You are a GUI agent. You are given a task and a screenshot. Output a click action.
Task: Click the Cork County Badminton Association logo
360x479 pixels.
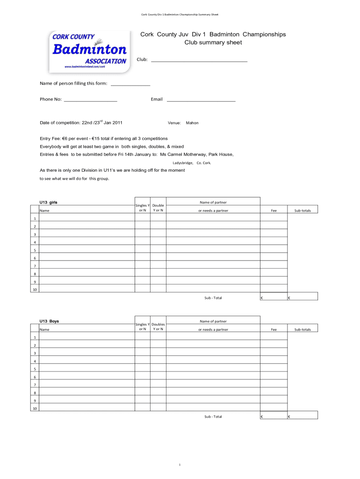click(x=88, y=51)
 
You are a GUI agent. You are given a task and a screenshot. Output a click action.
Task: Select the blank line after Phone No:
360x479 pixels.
click(x=90, y=101)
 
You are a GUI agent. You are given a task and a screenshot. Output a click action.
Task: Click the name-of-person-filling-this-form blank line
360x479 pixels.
click(x=130, y=85)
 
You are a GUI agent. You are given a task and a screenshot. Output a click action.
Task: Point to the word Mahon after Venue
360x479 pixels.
click(x=192, y=123)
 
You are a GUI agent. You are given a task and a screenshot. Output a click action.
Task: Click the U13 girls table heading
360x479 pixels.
click(x=48, y=202)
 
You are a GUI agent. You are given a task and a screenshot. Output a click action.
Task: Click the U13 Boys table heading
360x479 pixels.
click(x=49, y=321)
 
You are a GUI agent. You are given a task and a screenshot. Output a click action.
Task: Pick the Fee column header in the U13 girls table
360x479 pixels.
click(x=274, y=210)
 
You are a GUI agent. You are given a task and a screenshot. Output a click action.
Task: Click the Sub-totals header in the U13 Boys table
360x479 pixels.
click(x=302, y=330)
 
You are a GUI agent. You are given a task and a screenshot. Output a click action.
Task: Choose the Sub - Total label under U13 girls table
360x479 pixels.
click(x=213, y=298)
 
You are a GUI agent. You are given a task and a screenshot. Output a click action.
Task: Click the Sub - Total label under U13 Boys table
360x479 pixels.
click(x=213, y=416)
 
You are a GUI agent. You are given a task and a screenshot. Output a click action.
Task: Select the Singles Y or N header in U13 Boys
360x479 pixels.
click(x=142, y=327)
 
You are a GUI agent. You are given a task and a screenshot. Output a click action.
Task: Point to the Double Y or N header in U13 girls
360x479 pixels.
click(x=158, y=208)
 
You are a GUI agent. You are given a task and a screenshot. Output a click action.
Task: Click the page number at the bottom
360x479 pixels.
click(x=180, y=464)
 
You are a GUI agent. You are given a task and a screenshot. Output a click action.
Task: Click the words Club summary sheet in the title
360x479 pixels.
click(x=213, y=43)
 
